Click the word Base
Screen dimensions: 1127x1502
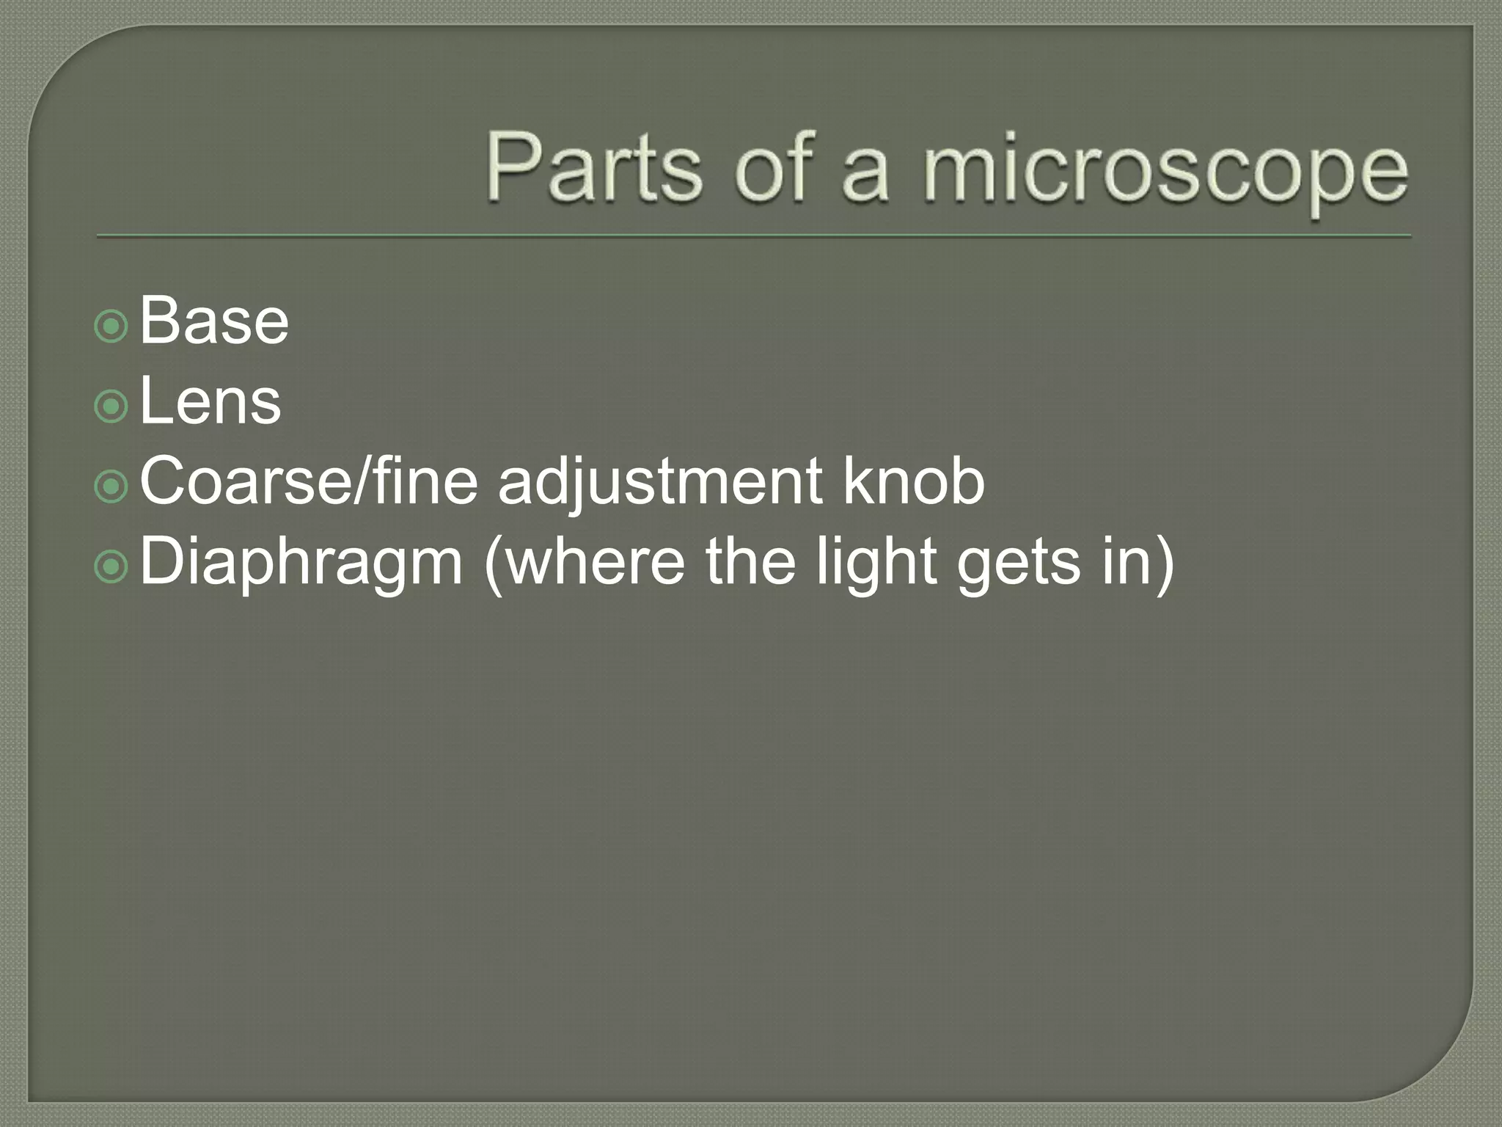[x=214, y=321]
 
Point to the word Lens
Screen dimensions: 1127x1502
[x=210, y=401]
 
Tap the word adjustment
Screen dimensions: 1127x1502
[x=660, y=484]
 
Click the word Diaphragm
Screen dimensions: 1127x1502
[x=301, y=563]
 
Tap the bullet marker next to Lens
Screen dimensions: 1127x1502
[x=111, y=406]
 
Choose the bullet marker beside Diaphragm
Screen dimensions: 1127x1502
[x=111, y=566]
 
